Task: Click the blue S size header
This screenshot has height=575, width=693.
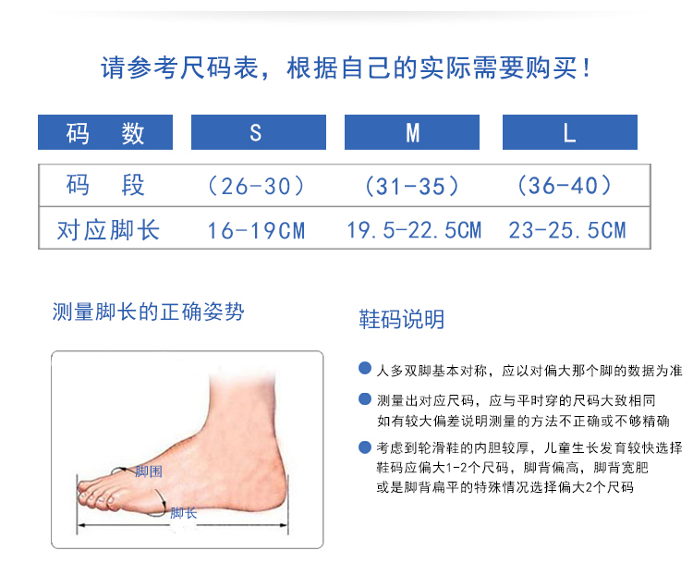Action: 259,132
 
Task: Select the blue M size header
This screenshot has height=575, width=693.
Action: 412,132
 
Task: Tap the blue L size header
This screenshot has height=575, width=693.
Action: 570,132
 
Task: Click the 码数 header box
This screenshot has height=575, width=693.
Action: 105,132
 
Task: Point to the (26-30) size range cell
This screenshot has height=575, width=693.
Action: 256,186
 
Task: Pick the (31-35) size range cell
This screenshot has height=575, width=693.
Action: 412,186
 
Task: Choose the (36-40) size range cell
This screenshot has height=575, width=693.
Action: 565,185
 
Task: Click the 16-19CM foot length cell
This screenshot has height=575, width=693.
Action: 256,230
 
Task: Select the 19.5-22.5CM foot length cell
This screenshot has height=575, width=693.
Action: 414,230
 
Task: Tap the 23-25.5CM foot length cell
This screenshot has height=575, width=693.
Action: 567,230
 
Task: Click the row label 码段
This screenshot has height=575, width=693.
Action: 105,185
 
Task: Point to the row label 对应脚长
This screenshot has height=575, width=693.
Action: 108,230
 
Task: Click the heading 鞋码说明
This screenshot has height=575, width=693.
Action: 401,319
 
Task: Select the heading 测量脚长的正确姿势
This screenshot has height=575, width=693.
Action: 148,312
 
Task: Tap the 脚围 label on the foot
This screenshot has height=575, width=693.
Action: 149,471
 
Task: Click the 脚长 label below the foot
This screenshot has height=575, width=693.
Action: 184,513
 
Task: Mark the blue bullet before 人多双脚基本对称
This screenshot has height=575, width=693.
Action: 365,368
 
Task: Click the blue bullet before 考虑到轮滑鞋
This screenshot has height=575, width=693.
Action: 365,447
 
